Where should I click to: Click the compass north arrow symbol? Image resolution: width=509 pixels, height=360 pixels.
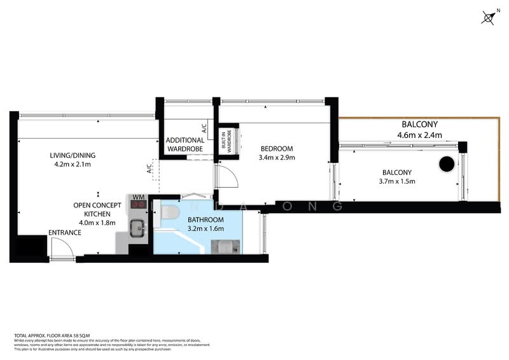(x=488, y=18)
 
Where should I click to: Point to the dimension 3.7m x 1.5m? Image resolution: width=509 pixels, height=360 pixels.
(x=396, y=181)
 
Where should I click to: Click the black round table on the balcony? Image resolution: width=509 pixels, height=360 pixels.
(x=447, y=164)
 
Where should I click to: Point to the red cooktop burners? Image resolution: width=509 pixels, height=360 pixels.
(x=138, y=205)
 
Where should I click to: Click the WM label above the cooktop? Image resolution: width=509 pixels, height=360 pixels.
(x=137, y=197)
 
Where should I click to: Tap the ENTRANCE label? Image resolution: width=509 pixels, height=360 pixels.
(x=65, y=233)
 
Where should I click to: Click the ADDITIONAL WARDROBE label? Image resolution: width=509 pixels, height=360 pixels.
(x=185, y=144)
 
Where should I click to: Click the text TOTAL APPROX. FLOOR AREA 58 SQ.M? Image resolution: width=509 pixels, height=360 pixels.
(x=52, y=335)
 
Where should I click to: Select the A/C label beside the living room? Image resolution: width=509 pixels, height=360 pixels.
(x=150, y=169)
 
